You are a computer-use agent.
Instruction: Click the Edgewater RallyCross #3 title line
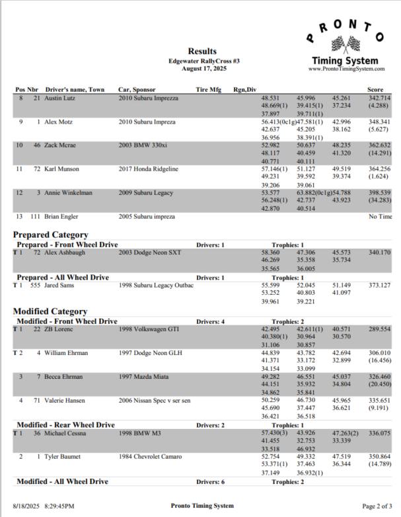[x=202, y=61]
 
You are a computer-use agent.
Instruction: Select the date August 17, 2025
[x=202, y=68]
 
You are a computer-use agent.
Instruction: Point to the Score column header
[x=375, y=89]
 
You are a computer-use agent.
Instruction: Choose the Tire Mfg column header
[x=209, y=89]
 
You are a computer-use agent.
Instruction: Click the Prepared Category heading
[x=50, y=234]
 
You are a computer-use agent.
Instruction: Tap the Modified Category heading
[x=50, y=311]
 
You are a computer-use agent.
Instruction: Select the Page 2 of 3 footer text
[x=374, y=506]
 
